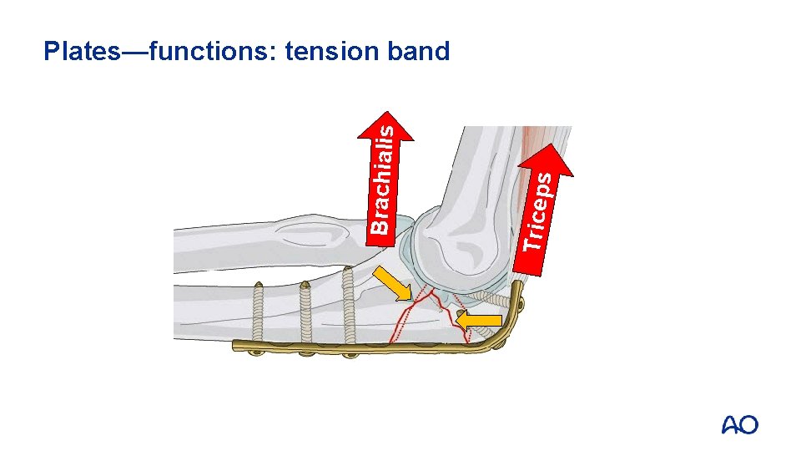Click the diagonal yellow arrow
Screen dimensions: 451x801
(x=392, y=284)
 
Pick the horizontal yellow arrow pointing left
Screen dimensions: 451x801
(x=481, y=319)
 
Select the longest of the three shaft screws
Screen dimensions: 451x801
(x=350, y=307)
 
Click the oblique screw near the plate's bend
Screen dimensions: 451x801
(x=484, y=296)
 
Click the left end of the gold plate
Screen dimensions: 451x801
(x=237, y=344)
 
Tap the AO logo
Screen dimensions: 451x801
(x=739, y=425)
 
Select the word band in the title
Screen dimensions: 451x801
(x=419, y=52)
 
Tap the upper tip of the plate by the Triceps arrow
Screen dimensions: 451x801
(x=522, y=287)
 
